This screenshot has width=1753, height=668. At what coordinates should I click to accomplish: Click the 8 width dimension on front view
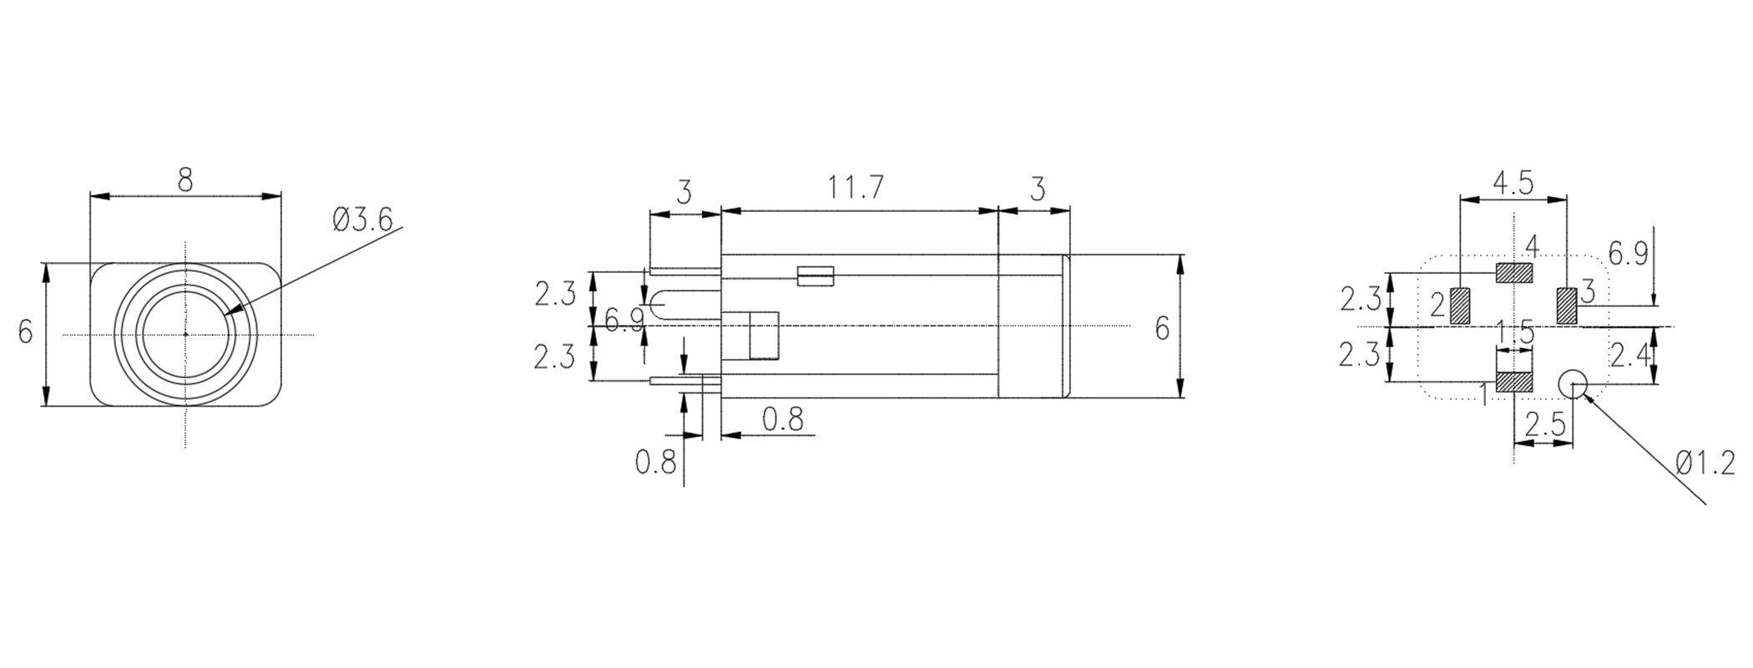[185, 180]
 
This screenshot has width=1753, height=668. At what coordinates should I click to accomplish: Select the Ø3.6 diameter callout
[362, 220]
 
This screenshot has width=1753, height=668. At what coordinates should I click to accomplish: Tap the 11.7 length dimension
[856, 188]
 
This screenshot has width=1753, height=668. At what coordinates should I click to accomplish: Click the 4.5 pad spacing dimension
[1513, 184]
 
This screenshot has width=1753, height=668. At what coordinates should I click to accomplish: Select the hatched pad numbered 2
[1460, 306]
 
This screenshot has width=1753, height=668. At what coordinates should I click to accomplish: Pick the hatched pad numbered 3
[1567, 306]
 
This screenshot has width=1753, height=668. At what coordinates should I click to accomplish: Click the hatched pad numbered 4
[1513, 272]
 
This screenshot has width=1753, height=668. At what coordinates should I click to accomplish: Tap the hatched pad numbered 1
[1513, 382]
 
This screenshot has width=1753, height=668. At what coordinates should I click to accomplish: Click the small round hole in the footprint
[1573, 383]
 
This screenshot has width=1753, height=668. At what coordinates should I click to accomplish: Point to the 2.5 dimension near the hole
[1544, 426]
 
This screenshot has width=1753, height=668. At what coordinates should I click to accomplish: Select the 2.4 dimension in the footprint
[1629, 357]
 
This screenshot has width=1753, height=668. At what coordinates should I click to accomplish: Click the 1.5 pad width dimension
[1514, 333]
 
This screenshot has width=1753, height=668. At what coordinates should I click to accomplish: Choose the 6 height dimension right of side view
[1162, 329]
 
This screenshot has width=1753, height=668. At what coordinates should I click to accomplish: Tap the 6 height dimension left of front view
[26, 332]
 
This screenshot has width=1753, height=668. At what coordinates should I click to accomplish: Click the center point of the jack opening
[185, 334]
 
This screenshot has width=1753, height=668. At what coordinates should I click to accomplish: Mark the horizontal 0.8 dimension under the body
[782, 419]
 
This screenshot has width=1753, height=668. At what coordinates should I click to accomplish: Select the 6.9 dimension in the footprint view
[1628, 254]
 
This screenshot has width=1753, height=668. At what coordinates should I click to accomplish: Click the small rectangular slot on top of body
[816, 276]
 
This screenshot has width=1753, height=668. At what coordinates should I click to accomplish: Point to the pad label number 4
[1531, 246]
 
